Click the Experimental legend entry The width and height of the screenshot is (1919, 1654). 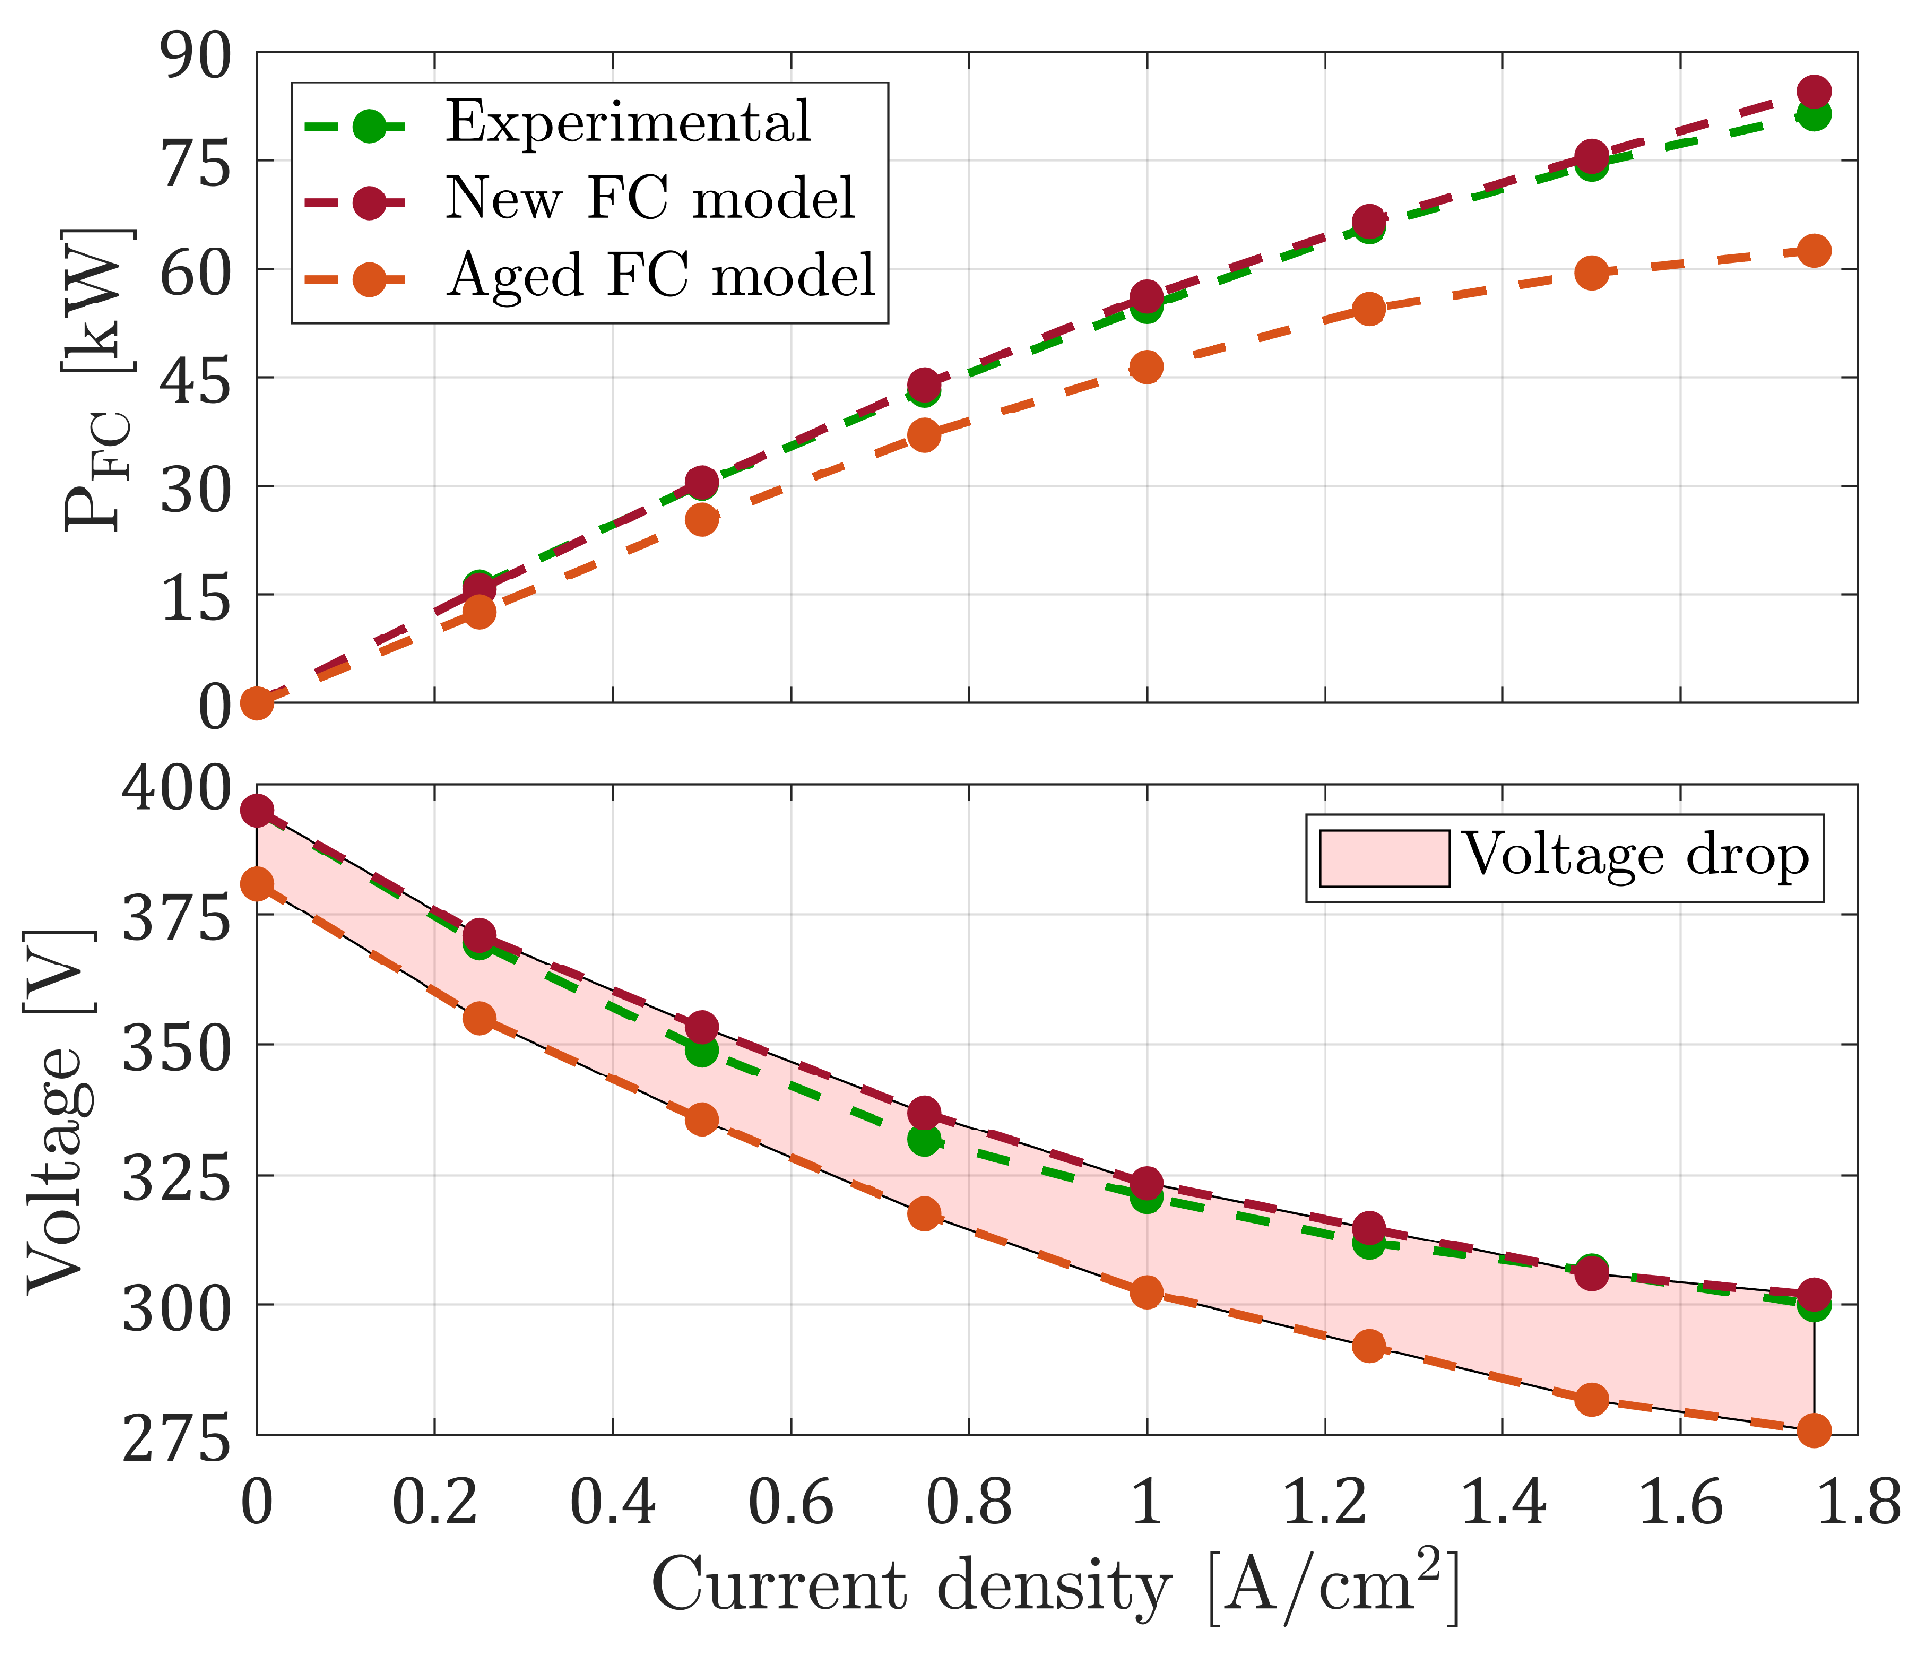[x=627, y=122]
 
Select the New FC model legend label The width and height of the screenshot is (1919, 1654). [x=650, y=198]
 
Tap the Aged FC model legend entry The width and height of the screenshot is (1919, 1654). [x=660, y=275]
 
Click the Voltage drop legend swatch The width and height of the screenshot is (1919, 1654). [x=1383, y=857]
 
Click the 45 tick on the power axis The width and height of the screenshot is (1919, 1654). [x=196, y=379]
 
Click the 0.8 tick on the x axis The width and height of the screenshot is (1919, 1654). [x=968, y=1503]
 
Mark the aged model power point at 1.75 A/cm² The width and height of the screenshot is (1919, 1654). [x=1814, y=251]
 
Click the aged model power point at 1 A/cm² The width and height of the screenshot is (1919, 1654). [x=1147, y=368]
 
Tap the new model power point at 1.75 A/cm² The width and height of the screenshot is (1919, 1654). [x=1814, y=92]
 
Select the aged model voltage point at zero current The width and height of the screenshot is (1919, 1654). [x=256, y=884]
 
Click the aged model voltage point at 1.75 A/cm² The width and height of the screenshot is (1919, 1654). [x=1814, y=1430]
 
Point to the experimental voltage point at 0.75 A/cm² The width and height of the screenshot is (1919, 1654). [x=924, y=1140]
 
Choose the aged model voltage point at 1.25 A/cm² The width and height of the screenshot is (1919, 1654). [x=1369, y=1346]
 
